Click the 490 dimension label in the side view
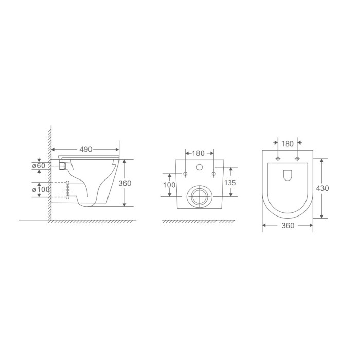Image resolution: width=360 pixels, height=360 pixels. [x=85, y=149]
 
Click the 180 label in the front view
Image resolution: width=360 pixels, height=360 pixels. [x=199, y=153]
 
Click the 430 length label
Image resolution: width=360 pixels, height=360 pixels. [x=323, y=188]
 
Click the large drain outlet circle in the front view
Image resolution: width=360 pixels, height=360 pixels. [x=199, y=195]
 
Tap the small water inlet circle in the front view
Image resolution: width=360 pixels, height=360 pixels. [x=199, y=168]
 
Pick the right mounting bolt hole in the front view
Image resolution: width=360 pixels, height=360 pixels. [x=213, y=174]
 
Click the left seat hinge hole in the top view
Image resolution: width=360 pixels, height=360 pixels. [x=278, y=159]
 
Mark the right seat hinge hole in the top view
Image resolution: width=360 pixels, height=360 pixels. [x=297, y=159]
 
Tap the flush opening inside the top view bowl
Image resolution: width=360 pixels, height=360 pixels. [x=287, y=175]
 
